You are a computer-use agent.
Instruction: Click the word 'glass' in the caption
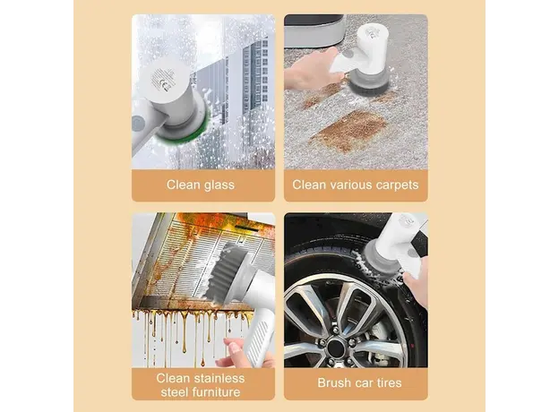tap(218, 185)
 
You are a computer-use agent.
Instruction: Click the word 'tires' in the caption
tap(386, 383)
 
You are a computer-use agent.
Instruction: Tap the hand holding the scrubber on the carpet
tap(309, 76)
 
